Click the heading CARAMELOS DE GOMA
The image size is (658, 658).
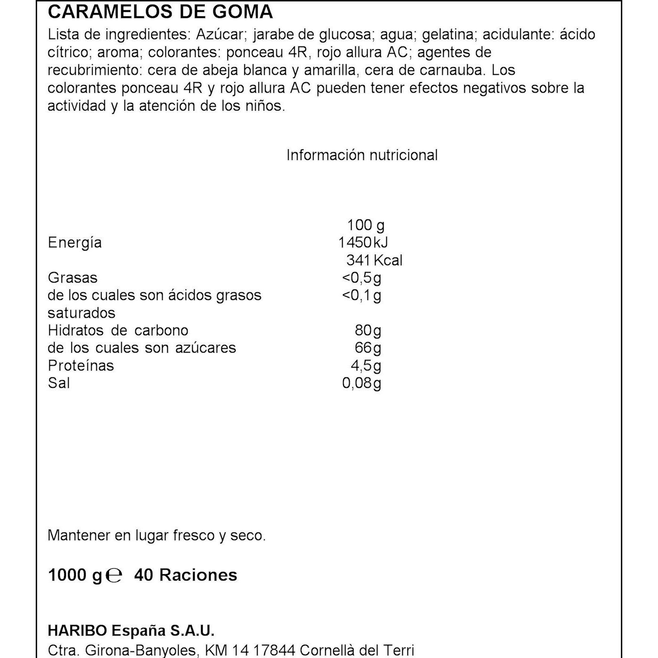(x=160, y=12)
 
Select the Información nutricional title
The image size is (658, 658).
(x=362, y=155)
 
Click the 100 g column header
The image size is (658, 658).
(x=365, y=225)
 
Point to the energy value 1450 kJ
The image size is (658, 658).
(x=363, y=243)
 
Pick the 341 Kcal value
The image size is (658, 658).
(x=374, y=260)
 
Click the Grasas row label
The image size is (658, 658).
(x=72, y=278)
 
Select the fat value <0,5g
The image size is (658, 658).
(x=361, y=278)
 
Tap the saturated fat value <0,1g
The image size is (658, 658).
(x=361, y=296)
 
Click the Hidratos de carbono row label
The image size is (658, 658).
(x=118, y=330)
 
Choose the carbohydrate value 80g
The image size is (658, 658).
(x=368, y=330)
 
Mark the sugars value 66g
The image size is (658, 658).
(x=368, y=348)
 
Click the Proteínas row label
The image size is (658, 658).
(x=81, y=366)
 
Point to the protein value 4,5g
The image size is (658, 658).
(x=366, y=366)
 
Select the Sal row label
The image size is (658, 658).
(x=59, y=383)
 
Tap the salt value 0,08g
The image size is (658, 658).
(x=361, y=383)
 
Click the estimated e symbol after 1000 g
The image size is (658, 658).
(x=114, y=575)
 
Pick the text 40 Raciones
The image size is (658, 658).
(x=186, y=575)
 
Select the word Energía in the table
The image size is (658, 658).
(x=75, y=243)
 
